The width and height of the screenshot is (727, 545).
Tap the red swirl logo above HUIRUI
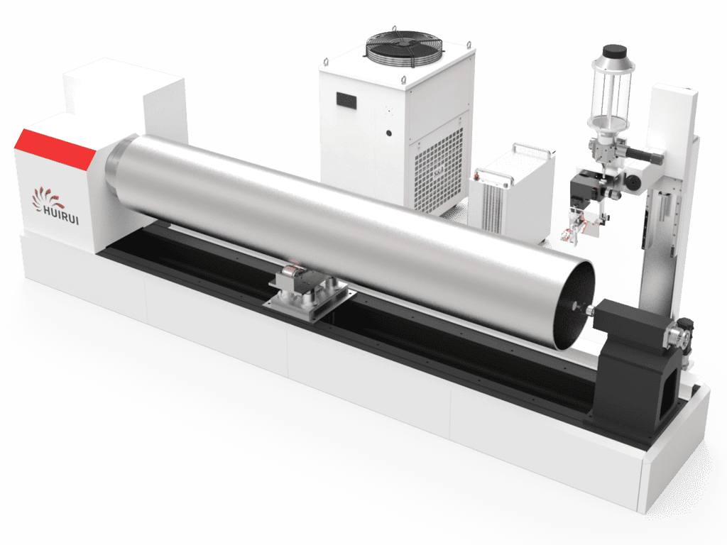tap(46, 198)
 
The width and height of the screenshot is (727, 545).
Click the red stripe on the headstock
tap(55, 148)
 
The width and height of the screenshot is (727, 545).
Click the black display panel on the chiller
tap(346, 101)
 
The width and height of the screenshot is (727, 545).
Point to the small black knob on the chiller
tap(388, 133)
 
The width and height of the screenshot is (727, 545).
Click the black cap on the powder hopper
tap(614, 50)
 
